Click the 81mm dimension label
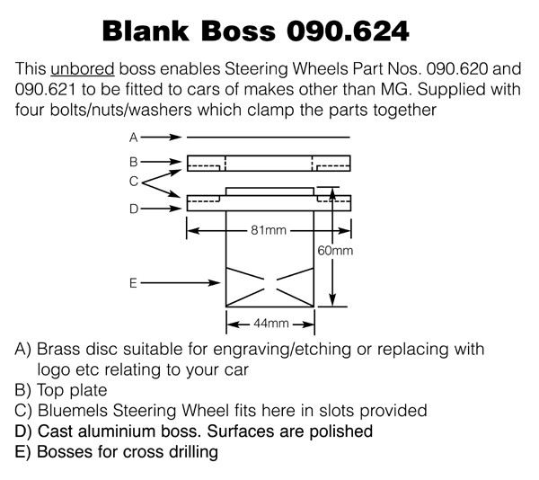pos(269,230)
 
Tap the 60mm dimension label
pos(335,251)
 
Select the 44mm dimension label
pos(271,324)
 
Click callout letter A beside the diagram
pos(134,138)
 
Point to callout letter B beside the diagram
pos(134,162)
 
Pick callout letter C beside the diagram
pos(134,182)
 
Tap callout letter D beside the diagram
pos(134,209)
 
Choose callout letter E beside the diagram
pos(133,283)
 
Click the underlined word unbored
pos(83,69)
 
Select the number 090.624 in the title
pos(348,31)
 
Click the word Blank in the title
pos(146,31)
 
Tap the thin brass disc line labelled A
pos(268,138)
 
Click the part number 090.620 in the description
pos(457,69)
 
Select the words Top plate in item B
pos(72,390)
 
